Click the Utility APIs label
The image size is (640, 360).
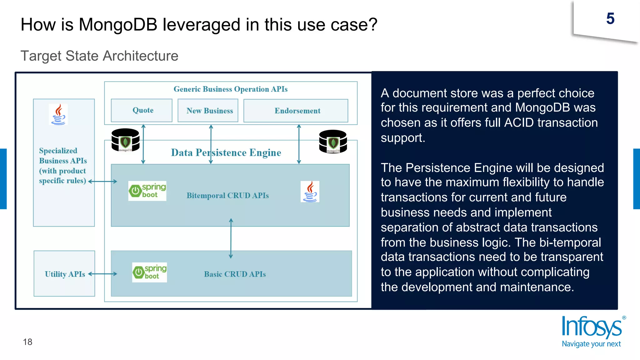click(65, 274)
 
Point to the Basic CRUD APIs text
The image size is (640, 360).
click(235, 274)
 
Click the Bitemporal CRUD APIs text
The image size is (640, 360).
click(227, 195)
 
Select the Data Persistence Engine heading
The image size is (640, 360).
click(226, 152)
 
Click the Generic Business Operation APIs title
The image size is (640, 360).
click(230, 89)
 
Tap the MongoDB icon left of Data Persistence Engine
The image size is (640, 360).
click(125, 140)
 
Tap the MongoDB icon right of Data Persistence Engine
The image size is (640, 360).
click(333, 141)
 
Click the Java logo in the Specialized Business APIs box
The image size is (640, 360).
click(58, 114)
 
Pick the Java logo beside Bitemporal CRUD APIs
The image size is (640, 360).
click(310, 191)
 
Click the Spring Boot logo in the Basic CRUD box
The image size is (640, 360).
click(149, 272)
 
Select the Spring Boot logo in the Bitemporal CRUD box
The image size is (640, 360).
click(147, 191)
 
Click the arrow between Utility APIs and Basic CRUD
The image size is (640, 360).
click(103, 274)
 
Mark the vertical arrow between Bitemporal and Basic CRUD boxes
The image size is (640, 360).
click(231, 238)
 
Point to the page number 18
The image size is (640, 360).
click(27, 342)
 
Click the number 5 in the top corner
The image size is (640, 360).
click(610, 19)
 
